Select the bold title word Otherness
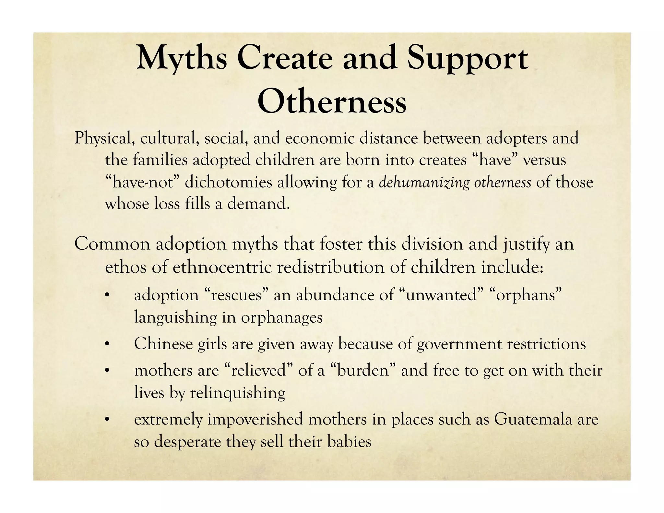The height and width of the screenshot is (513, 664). (x=332, y=101)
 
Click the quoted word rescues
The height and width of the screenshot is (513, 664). (x=233, y=295)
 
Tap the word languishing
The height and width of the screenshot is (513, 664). (x=175, y=317)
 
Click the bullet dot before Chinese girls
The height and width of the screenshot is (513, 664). (x=107, y=344)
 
